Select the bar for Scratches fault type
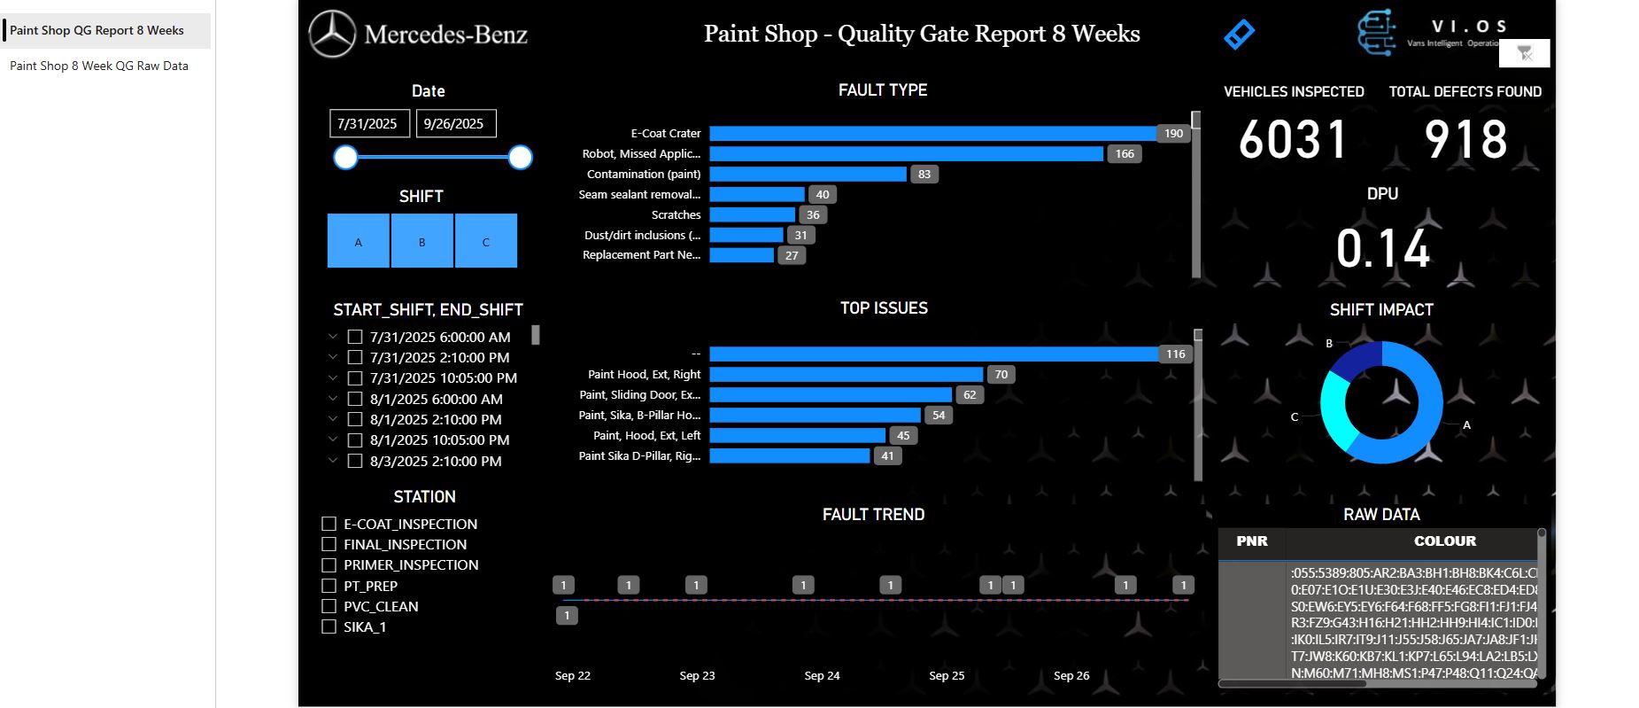[752, 214]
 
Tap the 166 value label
[1124, 154]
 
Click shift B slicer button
[421, 241]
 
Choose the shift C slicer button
[485, 241]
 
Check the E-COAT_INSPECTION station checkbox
[329, 524]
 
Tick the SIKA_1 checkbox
[329, 626]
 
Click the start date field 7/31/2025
[368, 124]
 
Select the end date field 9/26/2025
[454, 124]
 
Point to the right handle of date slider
[521, 158]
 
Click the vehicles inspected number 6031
[1293, 140]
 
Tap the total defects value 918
[1465, 140]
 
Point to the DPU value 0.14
[1382, 249]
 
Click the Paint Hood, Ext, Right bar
[846, 375]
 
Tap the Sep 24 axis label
[822, 675]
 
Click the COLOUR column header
[1444, 541]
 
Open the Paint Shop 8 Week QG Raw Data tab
[99, 66]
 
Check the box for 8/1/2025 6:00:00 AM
[355, 399]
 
